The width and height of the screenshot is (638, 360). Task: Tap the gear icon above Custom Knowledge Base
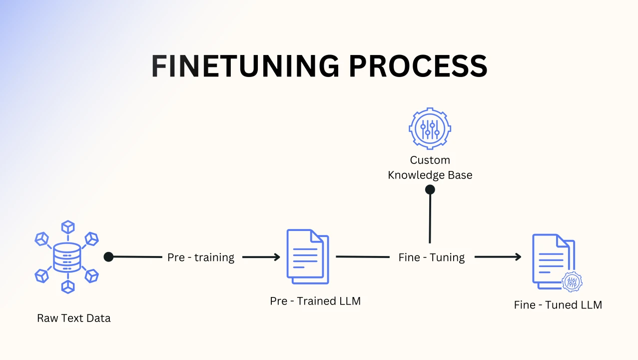[430, 128]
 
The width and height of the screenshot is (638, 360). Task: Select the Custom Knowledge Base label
[430, 167]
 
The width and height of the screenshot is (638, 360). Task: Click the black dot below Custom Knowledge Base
[430, 189]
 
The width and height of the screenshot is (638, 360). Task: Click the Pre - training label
[201, 257]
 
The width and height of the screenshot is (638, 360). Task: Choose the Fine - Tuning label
[432, 257]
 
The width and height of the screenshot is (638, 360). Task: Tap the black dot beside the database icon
[108, 256]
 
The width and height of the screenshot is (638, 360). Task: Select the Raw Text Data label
[74, 318]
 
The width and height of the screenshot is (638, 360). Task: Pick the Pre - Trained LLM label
[315, 301]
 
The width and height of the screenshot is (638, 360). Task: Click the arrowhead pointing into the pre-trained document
[276, 257]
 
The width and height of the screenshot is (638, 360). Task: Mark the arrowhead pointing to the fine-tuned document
[518, 257]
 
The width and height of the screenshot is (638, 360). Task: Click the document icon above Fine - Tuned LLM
[552, 260]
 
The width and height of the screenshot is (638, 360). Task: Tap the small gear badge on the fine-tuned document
[572, 282]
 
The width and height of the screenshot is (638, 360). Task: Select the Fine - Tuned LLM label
[558, 305]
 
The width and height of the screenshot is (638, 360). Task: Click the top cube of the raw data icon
[67, 227]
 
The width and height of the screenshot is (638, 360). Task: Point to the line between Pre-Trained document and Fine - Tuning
[362, 257]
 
